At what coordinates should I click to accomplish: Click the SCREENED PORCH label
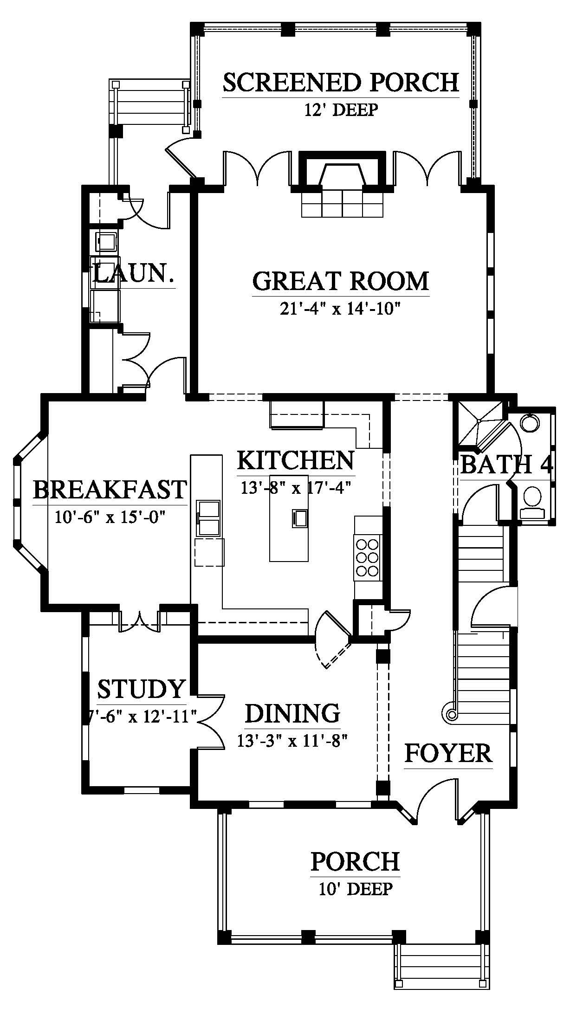point(341,82)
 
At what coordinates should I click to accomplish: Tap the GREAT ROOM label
point(341,281)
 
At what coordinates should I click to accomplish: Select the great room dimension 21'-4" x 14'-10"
point(341,308)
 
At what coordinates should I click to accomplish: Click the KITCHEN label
point(296,460)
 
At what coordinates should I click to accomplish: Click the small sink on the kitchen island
point(299,518)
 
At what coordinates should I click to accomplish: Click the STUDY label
point(141,689)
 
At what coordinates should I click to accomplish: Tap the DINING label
point(292,713)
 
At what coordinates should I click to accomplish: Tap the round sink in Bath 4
point(530,423)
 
